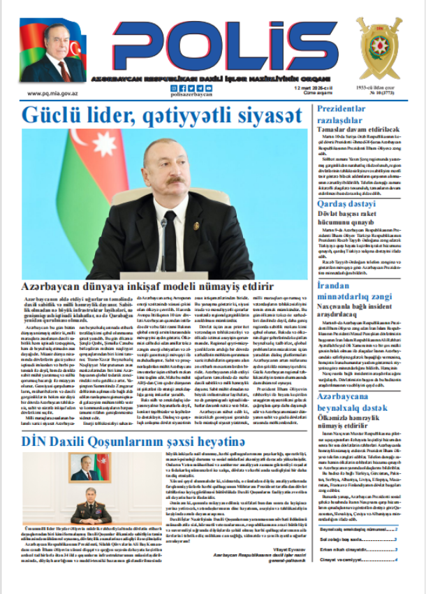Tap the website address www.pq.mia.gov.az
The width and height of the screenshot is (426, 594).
click(x=52, y=92)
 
